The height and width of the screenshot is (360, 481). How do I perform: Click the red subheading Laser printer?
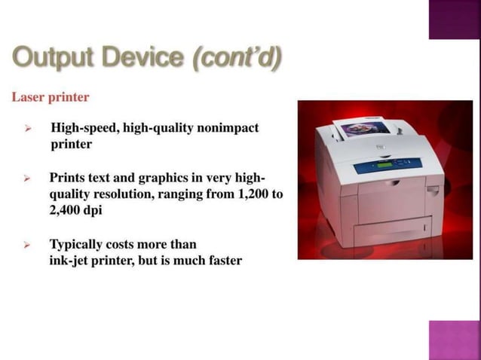pos(51,97)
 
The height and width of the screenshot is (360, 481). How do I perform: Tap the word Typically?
pos(79,245)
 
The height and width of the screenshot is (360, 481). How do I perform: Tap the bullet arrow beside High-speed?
pos(27,129)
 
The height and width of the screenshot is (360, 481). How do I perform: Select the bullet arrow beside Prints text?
pos(27,179)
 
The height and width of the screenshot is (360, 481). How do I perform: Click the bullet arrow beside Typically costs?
pos(27,246)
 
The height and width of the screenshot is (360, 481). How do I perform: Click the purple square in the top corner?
pos(455,19)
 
